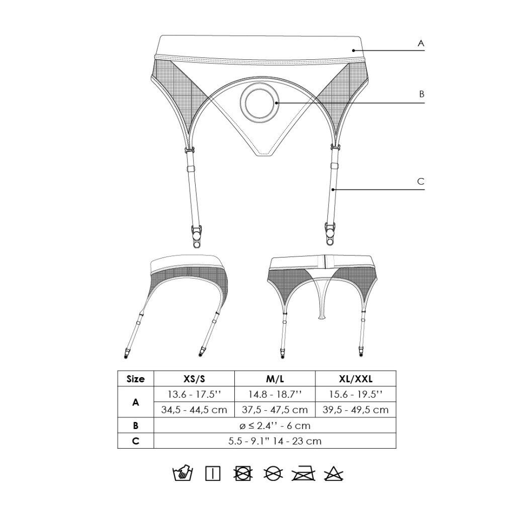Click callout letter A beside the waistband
coord(421,43)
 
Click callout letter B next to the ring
coord(422,94)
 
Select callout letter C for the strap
coord(421,181)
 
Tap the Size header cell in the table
coord(135,379)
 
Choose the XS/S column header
coord(194,379)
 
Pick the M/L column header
coord(275,379)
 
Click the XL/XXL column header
coord(356,379)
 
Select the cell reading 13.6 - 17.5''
coord(194,394)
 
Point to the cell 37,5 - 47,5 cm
coord(275,410)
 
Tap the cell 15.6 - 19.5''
coord(356,394)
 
